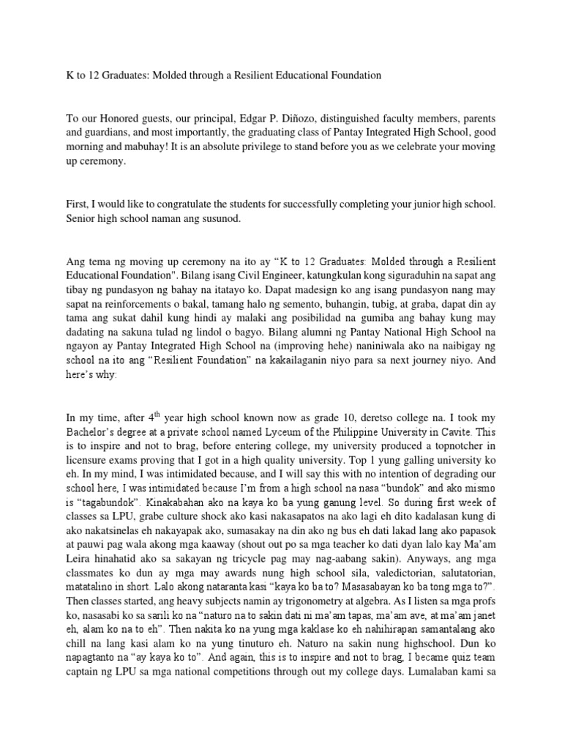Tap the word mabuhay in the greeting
(119, 148)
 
